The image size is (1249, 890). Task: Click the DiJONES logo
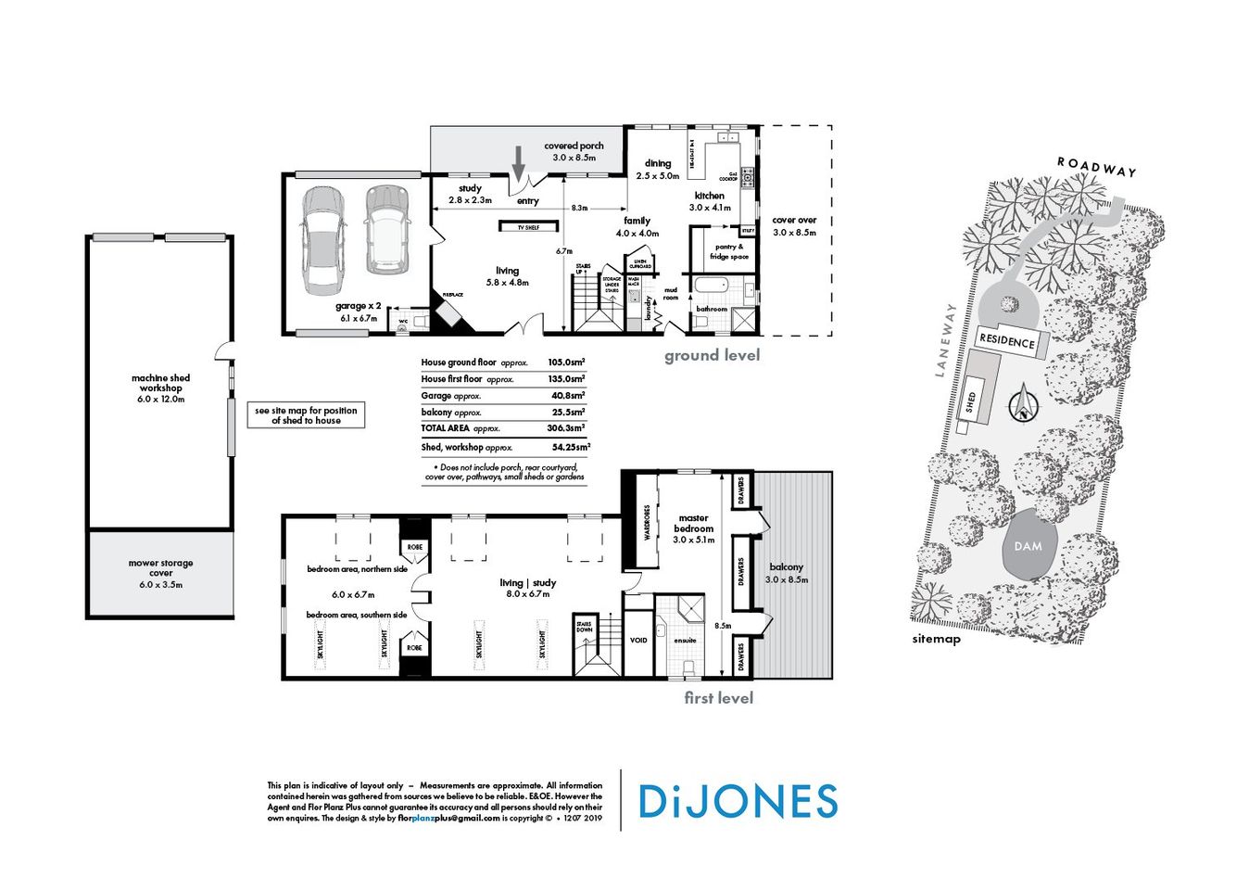pyautogui.click(x=738, y=801)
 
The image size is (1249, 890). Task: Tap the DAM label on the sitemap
pyautogui.click(x=1028, y=546)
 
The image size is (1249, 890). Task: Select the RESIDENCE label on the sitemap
pyautogui.click(x=1007, y=341)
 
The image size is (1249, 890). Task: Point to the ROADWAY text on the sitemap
pyautogui.click(x=1096, y=167)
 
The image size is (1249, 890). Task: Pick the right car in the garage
pyautogui.click(x=385, y=230)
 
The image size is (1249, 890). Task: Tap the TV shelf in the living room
pyautogui.click(x=529, y=225)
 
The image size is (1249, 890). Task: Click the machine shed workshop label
pyautogui.click(x=160, y=388)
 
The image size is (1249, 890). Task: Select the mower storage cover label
pyautogui.click(x=160, y=573)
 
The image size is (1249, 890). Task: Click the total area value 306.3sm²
pyautogui.click(x=566, y=428)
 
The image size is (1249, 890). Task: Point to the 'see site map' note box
pyautogui.click(x=306, y=415)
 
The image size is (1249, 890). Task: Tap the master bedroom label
pyautogui.click(x=693, y=528)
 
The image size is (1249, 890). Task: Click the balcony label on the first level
pyautogui.click(x=786, y=572)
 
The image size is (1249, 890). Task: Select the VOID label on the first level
pyautogui.click(x=638, y=640)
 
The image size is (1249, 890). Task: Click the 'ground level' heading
pyautogui.click(x=712, y=355)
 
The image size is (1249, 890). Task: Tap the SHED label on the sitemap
pyautogui.click(x=970, y=402)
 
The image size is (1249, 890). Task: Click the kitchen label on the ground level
pyautogui.click(x=710, y=201)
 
